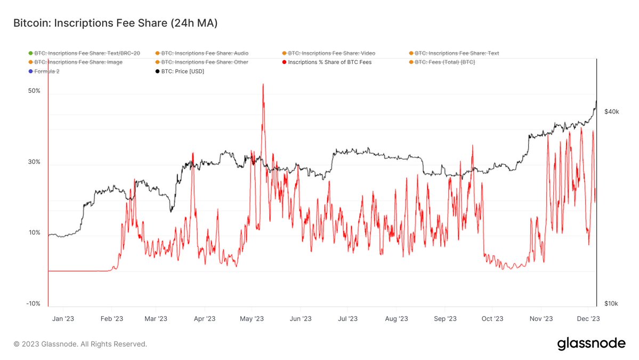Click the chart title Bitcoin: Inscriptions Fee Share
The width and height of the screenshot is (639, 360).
(115, 23)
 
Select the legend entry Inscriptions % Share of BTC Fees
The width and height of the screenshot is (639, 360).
(329, 62)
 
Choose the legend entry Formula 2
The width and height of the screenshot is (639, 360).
(46, 71)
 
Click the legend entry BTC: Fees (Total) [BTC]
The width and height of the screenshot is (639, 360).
(444, 62)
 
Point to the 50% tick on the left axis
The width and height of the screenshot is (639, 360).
(34, 91)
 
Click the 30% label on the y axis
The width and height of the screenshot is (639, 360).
(34, 162)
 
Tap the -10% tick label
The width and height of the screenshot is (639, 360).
(34, 303)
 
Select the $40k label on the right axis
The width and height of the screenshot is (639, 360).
(611, 112)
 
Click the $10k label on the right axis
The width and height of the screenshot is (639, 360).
(611, 303)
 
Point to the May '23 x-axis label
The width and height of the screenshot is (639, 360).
(252, 319)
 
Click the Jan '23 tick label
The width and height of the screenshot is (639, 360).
(63, 319)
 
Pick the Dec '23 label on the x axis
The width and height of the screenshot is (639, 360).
(588, 319)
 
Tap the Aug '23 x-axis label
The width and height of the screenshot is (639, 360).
(396, 319)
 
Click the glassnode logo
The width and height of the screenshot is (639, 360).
(591, 344)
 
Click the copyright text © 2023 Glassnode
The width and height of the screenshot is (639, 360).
(80, 344)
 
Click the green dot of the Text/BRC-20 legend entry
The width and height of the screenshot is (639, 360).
(30, 53)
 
